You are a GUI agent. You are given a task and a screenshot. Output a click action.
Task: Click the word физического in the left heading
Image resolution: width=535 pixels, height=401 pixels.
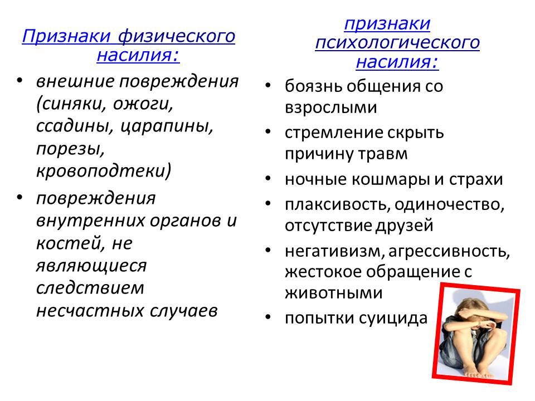[177, 37]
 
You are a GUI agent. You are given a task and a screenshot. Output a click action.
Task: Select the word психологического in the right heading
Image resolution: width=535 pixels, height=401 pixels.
[397, 43]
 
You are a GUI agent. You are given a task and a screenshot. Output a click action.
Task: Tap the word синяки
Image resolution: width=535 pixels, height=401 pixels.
[72, 104]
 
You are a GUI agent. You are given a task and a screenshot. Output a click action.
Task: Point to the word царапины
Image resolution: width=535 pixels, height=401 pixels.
[167, 126]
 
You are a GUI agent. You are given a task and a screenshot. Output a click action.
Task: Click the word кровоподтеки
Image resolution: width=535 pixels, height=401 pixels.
[104, 170]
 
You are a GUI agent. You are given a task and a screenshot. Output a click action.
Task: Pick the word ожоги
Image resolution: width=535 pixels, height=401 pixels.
[143, 104]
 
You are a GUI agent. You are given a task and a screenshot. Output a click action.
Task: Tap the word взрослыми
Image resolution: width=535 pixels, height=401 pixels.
[331, 107]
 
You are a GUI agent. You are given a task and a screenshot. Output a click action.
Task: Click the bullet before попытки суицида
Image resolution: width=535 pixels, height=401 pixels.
[268, 317]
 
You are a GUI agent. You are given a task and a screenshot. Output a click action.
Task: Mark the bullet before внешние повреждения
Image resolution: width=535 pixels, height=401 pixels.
[20, 80]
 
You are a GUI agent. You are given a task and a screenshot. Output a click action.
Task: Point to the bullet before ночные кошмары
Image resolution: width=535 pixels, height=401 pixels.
[268, 178]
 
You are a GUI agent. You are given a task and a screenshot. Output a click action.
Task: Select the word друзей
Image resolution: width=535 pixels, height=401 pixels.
[405, 226]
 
